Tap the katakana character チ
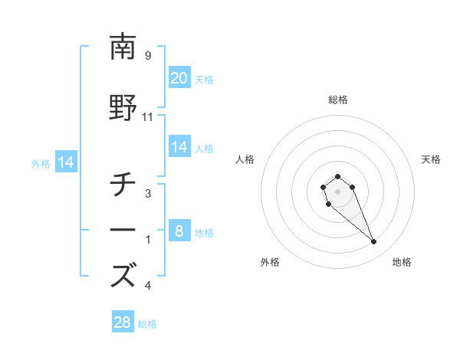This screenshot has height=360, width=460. click(123, 184)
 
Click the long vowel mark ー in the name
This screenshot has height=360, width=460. click(123, 231)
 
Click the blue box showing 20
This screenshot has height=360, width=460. click(179, 78)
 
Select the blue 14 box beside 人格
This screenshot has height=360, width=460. click(179, 147)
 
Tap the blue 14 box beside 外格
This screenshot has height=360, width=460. click(65, 162)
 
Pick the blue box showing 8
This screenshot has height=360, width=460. click(179, 231)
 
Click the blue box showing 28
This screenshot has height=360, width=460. click(123, 322)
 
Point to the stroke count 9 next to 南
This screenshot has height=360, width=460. click(148, 55)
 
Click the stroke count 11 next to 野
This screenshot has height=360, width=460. click(148, 117)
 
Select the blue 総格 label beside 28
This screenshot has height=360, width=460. click(147, 324)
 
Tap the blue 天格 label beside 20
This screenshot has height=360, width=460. click(204, 79)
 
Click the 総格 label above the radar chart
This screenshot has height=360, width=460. click(337, 100)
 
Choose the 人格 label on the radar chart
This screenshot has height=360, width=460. click(245, 159)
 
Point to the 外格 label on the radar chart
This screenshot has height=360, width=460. click(270, 262)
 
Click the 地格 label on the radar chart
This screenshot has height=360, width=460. click(402, 262)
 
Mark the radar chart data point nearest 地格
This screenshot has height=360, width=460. click(373, 242)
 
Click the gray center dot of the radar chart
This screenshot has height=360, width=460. click(337, 190)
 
